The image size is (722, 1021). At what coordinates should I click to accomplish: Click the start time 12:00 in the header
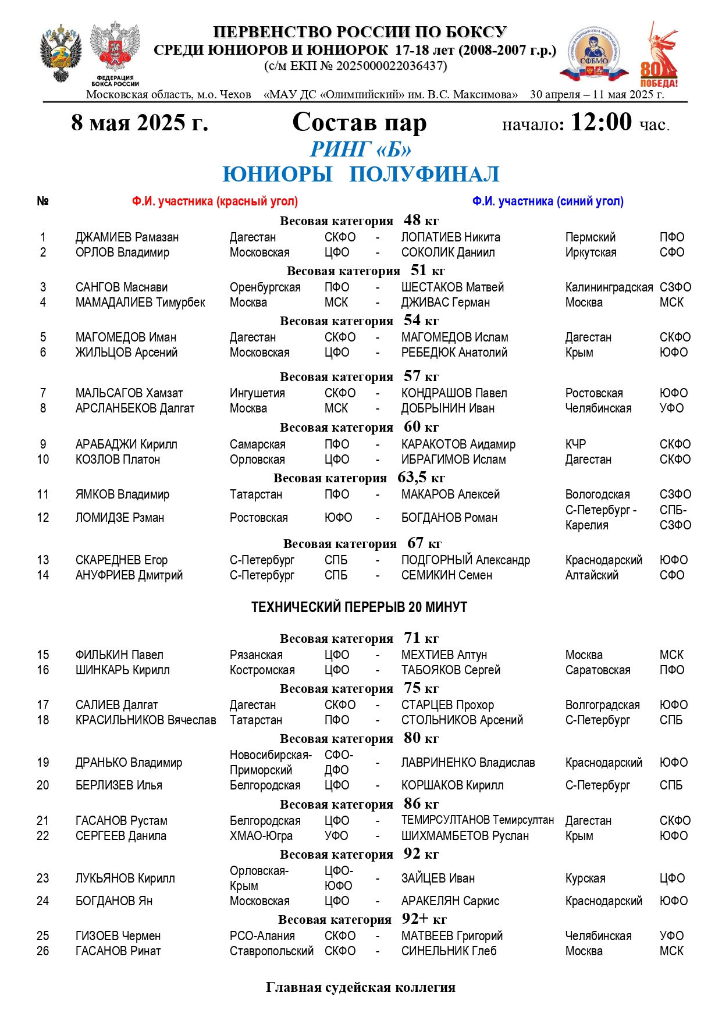[x=600, y=122]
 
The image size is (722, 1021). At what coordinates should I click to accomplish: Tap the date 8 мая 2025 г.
[x=140, y=123]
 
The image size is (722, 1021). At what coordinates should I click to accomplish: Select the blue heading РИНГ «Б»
[x=361, y=150]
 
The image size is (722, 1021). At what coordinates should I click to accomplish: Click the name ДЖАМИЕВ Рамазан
[x=127, y=237]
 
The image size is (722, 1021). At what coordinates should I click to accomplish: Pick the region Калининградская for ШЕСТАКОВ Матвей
[x=609, y=287]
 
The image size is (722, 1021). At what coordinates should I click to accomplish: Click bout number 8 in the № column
[x=43, y=408]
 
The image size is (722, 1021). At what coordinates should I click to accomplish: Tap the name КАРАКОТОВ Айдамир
[x=458, y=444]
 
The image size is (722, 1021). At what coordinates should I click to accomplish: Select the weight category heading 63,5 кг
[x=359, y=478]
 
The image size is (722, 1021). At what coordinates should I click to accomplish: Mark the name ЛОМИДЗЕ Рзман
[x=120, y=518]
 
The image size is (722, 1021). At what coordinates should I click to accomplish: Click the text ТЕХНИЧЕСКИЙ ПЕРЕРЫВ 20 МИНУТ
[x=359, y=607]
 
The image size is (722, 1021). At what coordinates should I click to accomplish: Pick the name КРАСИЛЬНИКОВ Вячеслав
[x=145, y=720]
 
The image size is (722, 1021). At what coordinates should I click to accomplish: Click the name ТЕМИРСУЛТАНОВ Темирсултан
[x=477, y=820]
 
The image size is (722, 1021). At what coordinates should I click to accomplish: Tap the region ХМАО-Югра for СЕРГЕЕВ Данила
[x=261, y=836]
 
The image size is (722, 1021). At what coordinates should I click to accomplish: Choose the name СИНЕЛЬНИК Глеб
[x=449, y=951]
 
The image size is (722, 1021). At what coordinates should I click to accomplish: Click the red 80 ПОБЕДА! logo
[x=659, y=55]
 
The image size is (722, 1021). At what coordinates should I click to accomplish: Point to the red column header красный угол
[x=215, y=201]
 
